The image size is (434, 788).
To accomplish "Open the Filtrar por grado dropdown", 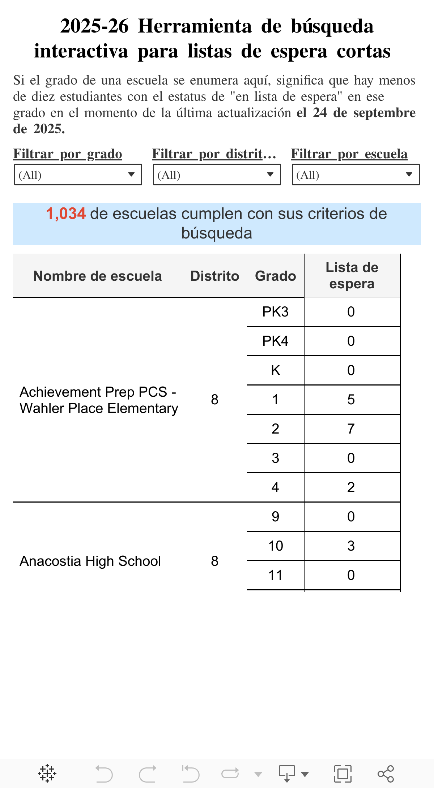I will click(78, 175).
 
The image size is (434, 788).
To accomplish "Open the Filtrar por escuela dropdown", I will click(356, 175).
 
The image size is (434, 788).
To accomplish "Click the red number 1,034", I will click(66, 214).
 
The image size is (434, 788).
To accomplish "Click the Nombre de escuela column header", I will click(97, 276).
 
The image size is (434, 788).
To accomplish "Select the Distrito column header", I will click(214, 276).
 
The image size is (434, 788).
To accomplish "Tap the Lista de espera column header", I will click(352, 275).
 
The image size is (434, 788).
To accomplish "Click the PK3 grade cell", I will click(275, 312).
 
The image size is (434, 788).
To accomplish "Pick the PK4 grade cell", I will click(275, 341).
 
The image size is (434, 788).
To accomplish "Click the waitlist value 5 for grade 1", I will click(351, 400).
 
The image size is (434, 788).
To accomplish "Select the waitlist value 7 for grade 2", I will click(351, 429).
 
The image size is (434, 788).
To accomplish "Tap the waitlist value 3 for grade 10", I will click(351, 546).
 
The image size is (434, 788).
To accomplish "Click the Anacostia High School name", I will click(90, 561).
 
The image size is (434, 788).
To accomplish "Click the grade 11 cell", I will click(275, 575).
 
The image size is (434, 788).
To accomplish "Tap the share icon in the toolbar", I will click(386, 774).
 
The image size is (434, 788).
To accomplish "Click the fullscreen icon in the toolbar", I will click(342, 774).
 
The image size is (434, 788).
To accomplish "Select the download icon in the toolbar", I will click(287, 774).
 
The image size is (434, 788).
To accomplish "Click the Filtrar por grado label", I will click(68, 154).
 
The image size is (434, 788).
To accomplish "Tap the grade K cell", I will click(275, 370).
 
